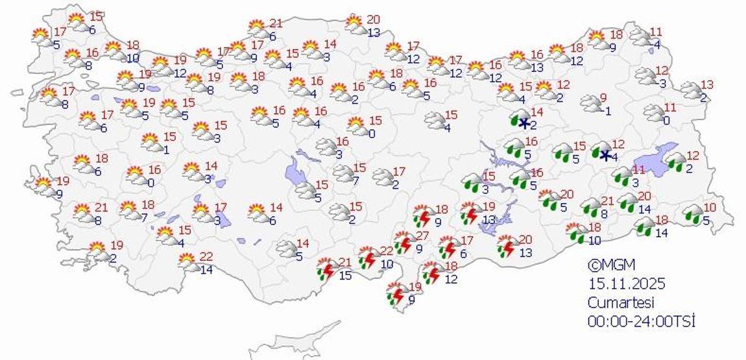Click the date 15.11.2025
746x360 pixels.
(627, 283)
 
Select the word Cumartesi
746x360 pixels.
(621, 302)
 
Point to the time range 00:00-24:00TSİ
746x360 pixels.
(642, 320)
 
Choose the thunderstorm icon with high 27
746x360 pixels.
(404, 243)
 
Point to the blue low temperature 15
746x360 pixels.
(346, 276)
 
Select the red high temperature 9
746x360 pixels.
(603, 98)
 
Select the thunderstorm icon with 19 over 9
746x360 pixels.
(397, 293)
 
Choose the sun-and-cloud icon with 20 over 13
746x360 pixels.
(355, 25)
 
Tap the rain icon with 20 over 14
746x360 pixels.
(628, 202)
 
